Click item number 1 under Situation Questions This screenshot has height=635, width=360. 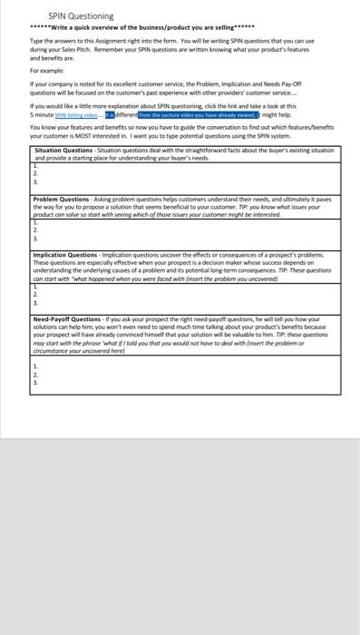[x=34, y=163]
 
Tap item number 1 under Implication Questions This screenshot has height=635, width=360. [x=34, y=286]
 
